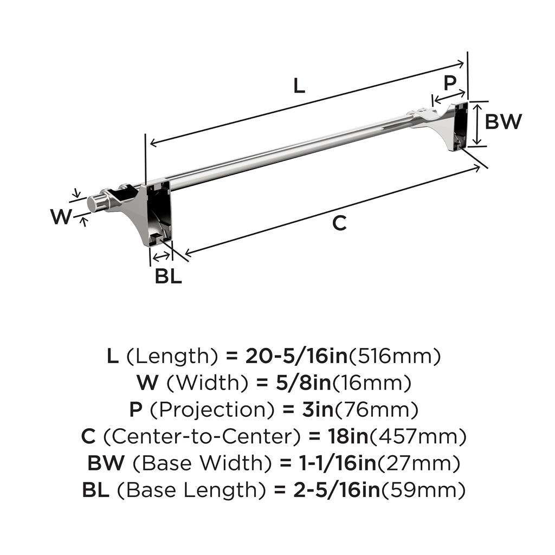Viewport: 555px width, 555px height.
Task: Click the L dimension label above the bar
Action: tap(299, 86)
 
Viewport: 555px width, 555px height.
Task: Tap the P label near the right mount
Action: tap(450, 83)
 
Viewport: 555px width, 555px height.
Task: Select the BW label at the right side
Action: tap(503, 122)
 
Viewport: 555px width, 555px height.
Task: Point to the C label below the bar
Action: tap(339, 222)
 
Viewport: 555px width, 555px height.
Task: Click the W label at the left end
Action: tap(61, 217)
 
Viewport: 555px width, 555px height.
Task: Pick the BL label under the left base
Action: tap(169, 276)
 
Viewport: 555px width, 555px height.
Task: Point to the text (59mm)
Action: tap(423, 491)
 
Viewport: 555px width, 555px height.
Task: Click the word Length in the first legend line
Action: tap(172, 356)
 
